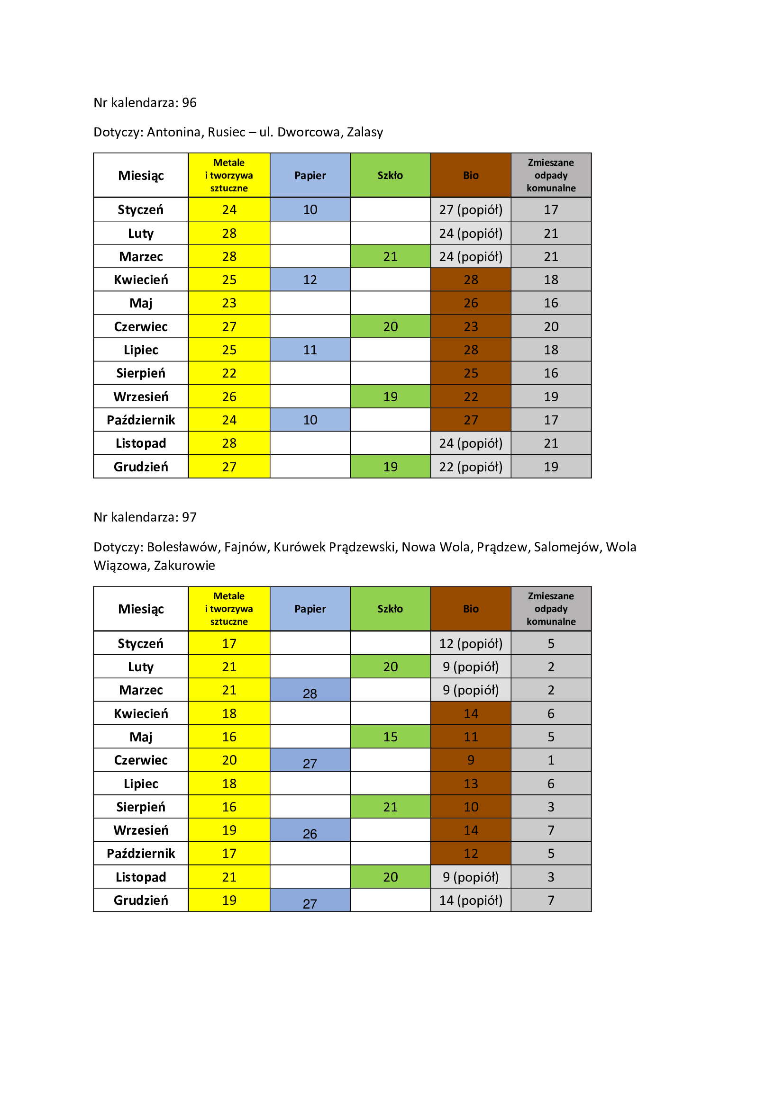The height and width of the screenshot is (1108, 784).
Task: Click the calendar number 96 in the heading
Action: click(189, 103)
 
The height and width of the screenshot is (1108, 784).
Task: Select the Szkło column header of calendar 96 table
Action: click(390, 175)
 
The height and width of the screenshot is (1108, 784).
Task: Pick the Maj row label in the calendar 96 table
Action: click(140, 303)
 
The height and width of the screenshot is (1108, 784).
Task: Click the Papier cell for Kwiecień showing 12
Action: click(310, 280)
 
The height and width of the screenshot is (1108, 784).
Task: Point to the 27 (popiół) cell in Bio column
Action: click(471, 210)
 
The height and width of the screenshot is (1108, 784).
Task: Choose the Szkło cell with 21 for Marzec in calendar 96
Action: click(390, 257)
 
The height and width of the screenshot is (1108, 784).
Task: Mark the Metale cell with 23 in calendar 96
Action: click(229, 303)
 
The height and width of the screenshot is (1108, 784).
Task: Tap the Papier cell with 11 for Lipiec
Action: click(310, 350)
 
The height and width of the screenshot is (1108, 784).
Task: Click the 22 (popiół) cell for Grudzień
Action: click(471, 467)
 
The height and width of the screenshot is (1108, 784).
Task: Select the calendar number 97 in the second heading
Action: click(189, 517)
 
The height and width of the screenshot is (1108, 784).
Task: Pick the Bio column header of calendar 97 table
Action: click(471, 609)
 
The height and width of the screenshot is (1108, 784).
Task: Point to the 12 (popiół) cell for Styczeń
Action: click(471, 643)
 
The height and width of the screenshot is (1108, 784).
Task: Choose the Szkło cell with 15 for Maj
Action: click(390, 737)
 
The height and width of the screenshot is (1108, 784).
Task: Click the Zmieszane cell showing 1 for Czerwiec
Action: click(551, 760)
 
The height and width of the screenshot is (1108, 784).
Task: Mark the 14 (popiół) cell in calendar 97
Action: click(471, 900)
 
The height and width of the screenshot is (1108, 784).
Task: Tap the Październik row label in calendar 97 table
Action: click(140, 853)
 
